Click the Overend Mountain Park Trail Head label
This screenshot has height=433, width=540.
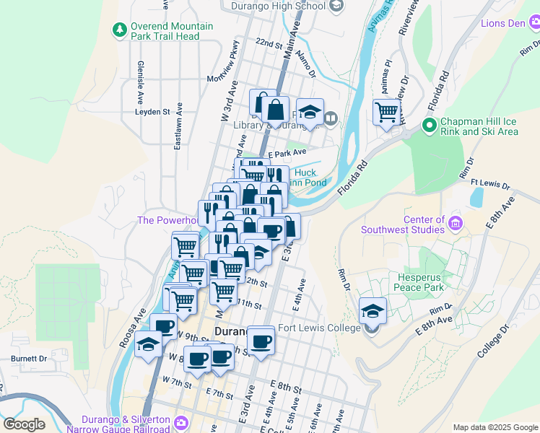click(172, 31)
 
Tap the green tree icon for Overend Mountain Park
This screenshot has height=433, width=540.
click(119, 30)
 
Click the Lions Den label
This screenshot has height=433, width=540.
click(503, 23)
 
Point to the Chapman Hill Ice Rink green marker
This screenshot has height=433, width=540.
click(429, 126)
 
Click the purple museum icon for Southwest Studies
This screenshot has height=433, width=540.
click(455, 220)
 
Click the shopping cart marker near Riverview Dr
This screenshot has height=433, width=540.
click(387, 113)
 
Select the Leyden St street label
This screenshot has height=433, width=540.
click(152, 112)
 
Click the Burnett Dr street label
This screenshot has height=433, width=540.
click(28, 358)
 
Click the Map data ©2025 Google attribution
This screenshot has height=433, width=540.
click(495, 427)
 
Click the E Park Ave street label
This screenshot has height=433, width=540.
click(287, 153)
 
